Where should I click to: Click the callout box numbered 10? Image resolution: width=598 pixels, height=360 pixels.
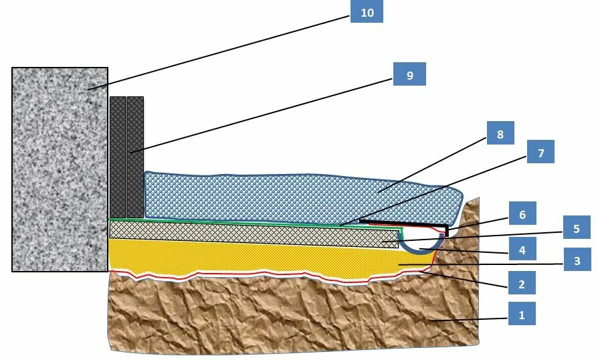[367, 12]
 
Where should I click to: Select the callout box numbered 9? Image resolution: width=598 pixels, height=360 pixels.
[409, 75]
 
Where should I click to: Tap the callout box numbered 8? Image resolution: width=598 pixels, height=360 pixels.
[500, 134]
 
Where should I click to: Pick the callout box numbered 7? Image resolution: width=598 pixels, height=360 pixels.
[540, 153]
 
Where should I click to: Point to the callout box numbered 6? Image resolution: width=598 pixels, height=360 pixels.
[522, 215]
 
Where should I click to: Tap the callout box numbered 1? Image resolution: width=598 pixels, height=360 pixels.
[522, 313]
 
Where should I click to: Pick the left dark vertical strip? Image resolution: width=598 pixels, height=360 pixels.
[118, 157]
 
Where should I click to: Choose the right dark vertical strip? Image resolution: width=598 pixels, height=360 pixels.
[135, 157]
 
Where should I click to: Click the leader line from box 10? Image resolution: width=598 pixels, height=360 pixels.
[221, 51]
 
